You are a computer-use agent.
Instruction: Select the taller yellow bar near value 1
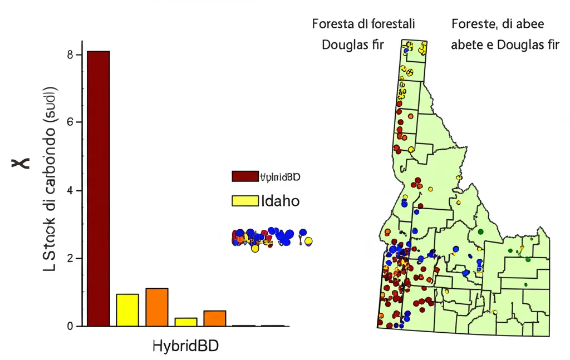pos(127,310)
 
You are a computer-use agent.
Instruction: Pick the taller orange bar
pos(157,307)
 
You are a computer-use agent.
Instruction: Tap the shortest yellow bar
pos(186,322)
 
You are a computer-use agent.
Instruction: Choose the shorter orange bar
pos(215,318)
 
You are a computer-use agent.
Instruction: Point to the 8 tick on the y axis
pos(71,55)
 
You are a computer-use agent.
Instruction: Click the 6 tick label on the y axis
pos(71,122)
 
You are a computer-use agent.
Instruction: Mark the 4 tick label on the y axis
pos(71,191)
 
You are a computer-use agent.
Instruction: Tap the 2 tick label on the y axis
pos(71,259)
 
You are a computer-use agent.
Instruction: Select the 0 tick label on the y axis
pos(71,327)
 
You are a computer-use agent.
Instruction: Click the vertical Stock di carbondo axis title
pos(50,178)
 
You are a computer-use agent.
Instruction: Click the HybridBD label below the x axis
pos(185,346)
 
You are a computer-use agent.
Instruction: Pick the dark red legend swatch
pos(245,177)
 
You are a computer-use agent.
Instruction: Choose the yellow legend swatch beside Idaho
pos(245,201)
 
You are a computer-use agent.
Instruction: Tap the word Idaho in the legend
pos(280,201)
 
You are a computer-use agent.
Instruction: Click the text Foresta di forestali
pos(363,24)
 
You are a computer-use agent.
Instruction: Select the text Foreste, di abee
pos(498,24)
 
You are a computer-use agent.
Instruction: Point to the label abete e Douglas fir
pos(505,45)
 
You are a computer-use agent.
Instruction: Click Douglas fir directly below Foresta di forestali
pos(353,45)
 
